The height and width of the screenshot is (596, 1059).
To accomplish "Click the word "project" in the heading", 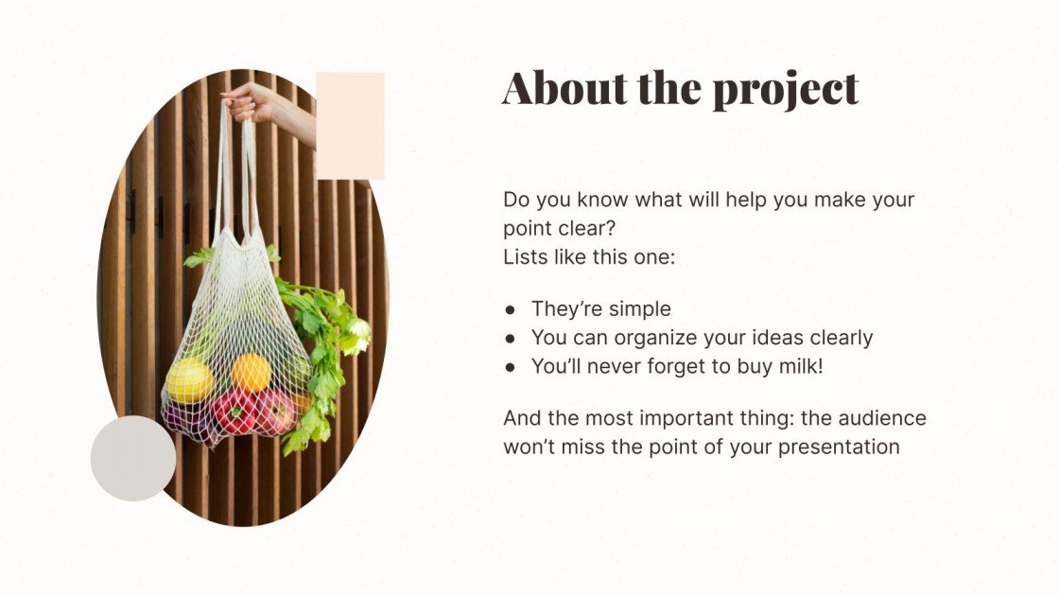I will [785, 90].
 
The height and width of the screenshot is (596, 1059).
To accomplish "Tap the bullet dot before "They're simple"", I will [511, 309].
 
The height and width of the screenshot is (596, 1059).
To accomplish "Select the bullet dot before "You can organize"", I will [511, 338].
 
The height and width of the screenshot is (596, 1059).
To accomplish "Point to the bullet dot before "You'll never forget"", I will [511, 366].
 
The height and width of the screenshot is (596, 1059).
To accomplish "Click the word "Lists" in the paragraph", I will [524, 256].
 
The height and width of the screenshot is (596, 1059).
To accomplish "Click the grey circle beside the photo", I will [133, 459].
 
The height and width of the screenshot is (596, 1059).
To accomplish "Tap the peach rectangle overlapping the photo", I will [350, 126].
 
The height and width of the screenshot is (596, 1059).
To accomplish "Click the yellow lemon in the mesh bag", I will [189, 380].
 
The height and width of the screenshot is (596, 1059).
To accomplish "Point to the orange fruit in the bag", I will [251, 373].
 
